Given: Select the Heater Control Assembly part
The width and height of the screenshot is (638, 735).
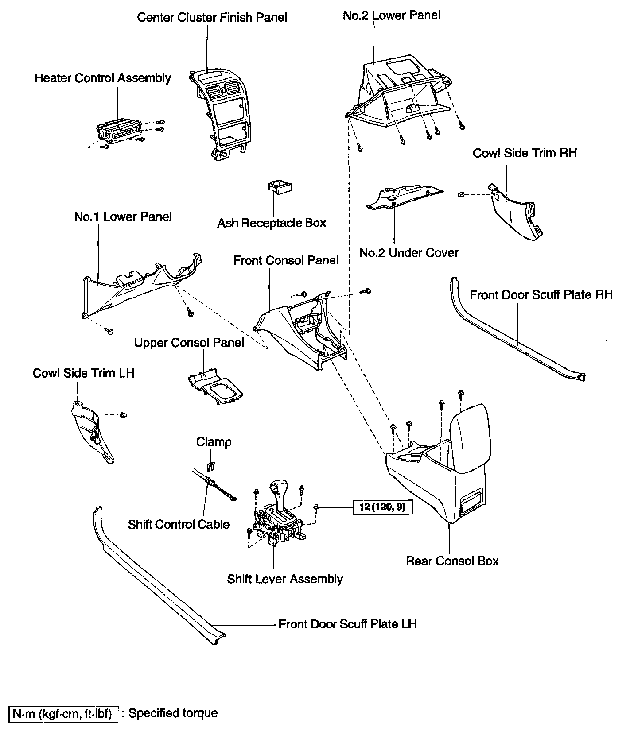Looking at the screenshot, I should [x=119, y=131].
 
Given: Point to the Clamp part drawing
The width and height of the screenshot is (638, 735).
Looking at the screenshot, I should [x=211, y=466].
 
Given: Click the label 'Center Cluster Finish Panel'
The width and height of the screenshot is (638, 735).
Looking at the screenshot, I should [x=212, y=18].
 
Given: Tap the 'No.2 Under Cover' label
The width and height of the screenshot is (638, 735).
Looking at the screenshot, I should [x=408, y=253].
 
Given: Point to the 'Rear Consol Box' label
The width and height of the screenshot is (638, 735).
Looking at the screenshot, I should [x=452, y=561].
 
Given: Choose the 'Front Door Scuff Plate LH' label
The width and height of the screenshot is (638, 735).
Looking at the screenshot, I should [x=347, y=624].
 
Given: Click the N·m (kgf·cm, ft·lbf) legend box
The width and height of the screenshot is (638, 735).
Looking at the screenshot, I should [x=63, y=714].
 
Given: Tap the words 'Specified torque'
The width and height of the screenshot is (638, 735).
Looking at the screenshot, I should [x=173, y=713].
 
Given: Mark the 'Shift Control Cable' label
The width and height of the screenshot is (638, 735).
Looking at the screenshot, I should [x=179, y=524].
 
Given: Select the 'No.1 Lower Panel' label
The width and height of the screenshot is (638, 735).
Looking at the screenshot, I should [x=123, y=217].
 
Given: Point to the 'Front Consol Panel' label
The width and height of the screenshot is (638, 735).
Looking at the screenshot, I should [x=286, y=260].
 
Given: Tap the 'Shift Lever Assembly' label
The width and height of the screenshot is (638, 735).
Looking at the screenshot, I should [x=285, y=579].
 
